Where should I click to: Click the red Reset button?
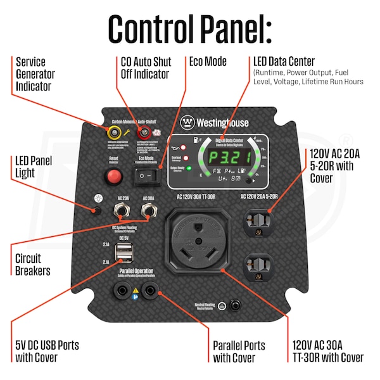pyautogui.click(x=115, y=175)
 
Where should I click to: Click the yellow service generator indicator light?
pyautogui.click(x=115, y=132)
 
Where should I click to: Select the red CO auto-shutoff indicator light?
pyautogui.click(x=143, y=132)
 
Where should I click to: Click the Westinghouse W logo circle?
pyautogui.click(x=187, y=122)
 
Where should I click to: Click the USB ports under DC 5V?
pyautogui.click(x=123, y=252)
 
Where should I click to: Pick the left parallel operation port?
pyautogui.click(x=120, y=292)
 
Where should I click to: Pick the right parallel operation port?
pyautogui.click(x=150, y=292)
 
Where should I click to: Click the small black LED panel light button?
pyautogui.click(x=97, y=211)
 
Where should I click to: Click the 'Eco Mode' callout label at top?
pyautogui.click(x=208, y=62)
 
